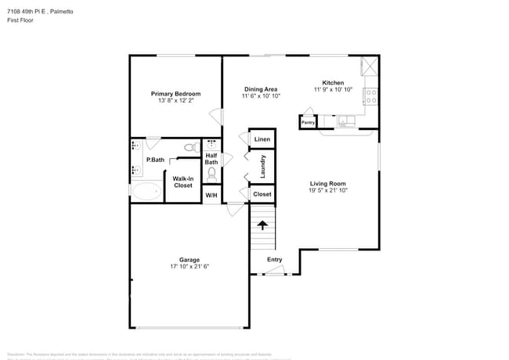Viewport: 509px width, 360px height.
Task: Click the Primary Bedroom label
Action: (x=175, y=94)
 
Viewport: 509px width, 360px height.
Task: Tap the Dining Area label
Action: (x=262, y=88)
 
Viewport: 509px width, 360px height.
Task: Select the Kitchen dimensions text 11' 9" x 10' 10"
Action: (x=333, y=90)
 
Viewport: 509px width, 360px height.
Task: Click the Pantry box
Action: (x=308, y=122)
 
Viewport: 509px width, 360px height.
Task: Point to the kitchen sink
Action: (x=345, y=121)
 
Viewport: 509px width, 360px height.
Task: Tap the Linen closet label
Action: (x=262, y=140)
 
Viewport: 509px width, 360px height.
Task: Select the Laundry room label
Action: (x=263, y=167)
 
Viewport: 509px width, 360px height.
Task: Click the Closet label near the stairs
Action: (x=262, y=194)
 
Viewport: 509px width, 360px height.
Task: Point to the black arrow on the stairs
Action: (x=262, y=225)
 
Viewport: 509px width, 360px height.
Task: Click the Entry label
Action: (x=274, y=260)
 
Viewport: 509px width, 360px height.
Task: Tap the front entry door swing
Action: (x=274, y=271)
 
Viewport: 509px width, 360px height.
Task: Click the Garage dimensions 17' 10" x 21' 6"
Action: (x=190, y=267)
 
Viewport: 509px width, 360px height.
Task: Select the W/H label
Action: (x=211, y=194)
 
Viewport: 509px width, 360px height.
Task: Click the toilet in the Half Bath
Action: (x=211, y=174)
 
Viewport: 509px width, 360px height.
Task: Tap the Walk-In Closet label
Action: (x=182, y=182)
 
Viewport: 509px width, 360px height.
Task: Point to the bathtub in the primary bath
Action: (x=146, y=191)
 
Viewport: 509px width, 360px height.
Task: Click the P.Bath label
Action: (x=155, y=160)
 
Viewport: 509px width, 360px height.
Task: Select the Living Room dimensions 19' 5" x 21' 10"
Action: (x=327, y=190)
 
